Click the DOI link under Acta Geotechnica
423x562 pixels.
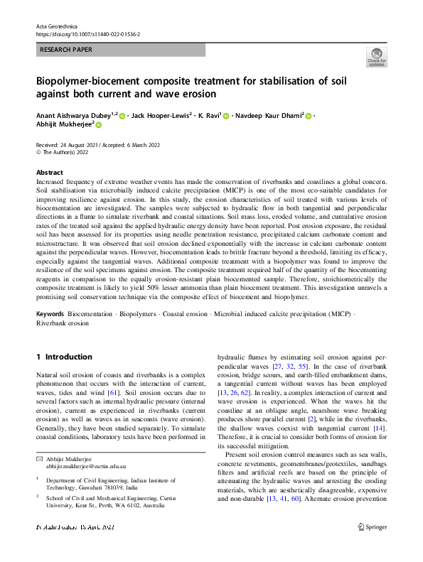tap(87, 33)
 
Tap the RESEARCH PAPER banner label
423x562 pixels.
tap(66, 50)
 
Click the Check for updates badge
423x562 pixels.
tap(377, 57)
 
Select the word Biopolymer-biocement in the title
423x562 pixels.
tap(95, 80)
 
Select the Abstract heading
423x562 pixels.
tap(49, 173)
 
